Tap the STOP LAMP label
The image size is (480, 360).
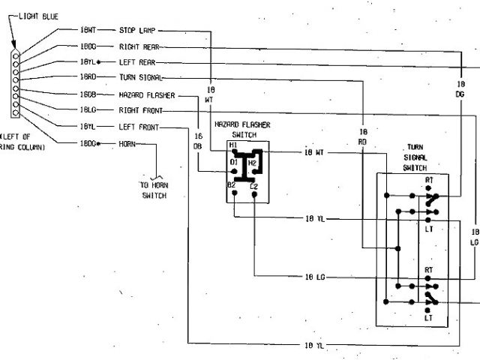(x=138, y=30)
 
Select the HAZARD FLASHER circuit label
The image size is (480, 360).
(x=146, y=95)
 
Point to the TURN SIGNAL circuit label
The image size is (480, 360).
(x=140, y=78)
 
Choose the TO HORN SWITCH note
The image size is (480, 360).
(x=154, y=190)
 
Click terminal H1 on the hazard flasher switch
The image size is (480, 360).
(x=233, y=145)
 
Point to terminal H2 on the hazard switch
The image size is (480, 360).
(x=253, y=161)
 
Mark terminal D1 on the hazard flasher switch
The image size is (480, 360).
(x=233, y=161)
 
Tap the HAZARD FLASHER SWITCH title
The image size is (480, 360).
(x=242, y=129)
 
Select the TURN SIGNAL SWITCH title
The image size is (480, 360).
(x=415, y=157)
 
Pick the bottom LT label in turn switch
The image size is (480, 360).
(x=429, y=318)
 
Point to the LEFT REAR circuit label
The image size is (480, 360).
(x=137, y=62)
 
